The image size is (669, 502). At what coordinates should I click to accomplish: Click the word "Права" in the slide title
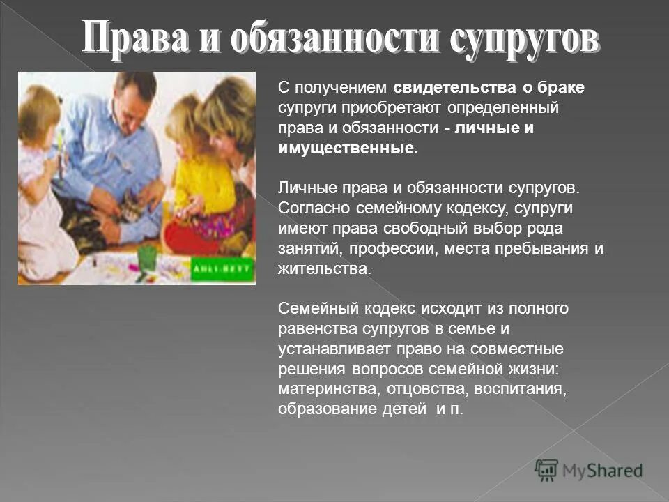coord(130,38)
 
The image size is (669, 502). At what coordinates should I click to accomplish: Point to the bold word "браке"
coord(562,89)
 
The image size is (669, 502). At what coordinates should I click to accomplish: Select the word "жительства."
coord(325,269)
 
